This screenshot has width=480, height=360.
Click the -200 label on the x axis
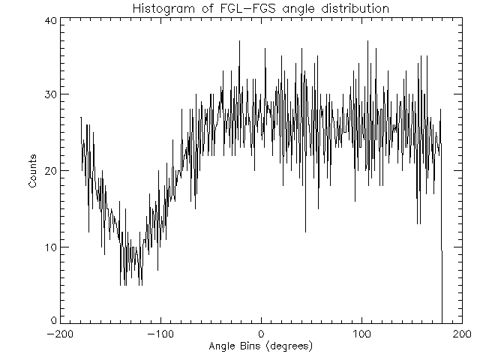(59, 334)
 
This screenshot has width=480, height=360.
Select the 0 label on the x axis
(261, 334)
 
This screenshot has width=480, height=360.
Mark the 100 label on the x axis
(361, 334)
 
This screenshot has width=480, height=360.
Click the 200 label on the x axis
(462, 334)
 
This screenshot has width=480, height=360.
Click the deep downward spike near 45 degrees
(305, 229)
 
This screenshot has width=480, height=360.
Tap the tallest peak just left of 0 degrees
(240, 43)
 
